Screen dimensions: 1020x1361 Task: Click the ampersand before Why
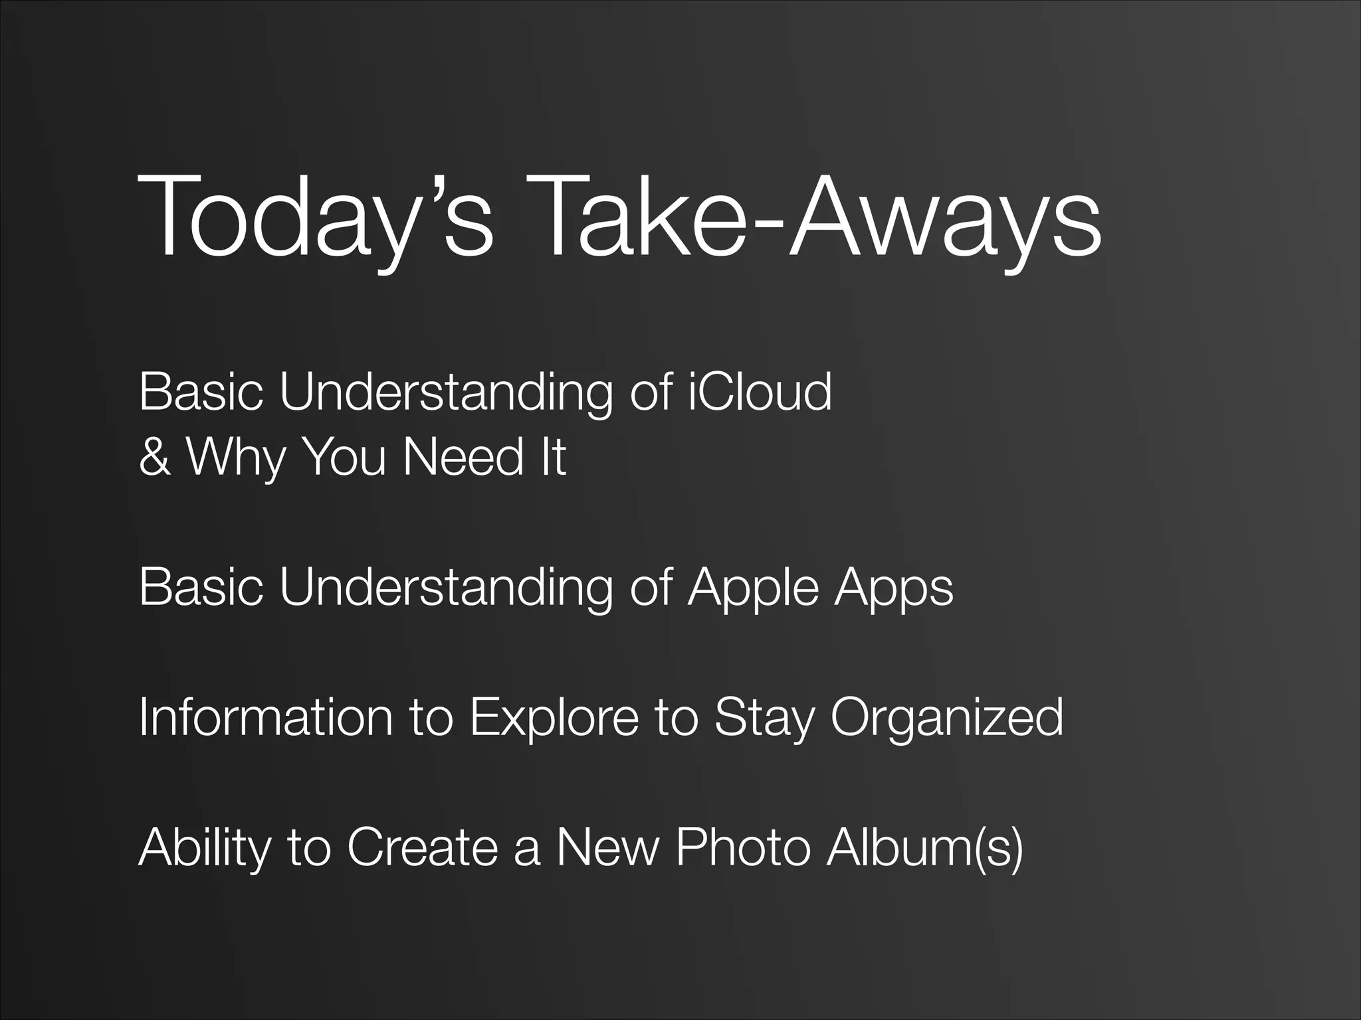pos(154,458)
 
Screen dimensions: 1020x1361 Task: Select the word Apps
pos(894,588)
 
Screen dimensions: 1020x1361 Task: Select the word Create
pos(422,847)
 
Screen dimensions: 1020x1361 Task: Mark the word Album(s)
pos(924,848)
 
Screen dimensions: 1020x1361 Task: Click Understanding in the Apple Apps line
pos(445,588)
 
